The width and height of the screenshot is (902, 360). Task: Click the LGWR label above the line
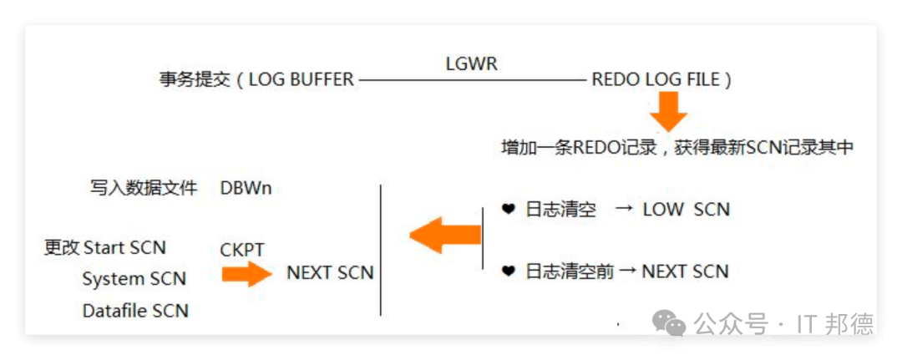click(x=472, y=63)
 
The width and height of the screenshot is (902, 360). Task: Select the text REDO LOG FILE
click(x=655, y=80)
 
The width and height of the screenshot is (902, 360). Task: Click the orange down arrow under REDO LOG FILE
click(x=669, y=111)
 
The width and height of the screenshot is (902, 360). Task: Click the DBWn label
click(x=246, y=188)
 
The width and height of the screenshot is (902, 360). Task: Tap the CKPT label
click(x=242, y=250)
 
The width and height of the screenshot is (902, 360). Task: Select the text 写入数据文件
click(x=144, y=188)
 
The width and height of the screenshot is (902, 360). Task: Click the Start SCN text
click(x=124, y=247)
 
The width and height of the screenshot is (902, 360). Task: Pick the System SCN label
click(x=134, y=279)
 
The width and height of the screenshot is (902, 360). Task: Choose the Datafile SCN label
click(x=135, y=311)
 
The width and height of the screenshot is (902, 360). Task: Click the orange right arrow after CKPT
click(x=247, y=273)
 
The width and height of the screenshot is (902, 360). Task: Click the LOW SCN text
click(x=686, y=209)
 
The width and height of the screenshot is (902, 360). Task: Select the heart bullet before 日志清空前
click(x=508, y=271)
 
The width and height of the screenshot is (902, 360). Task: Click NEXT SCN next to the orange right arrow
click(x=330, y=273)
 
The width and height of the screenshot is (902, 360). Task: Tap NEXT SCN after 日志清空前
click(x=685, y=271)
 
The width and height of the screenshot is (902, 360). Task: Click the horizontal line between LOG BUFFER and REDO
click(x=472, y=80)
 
